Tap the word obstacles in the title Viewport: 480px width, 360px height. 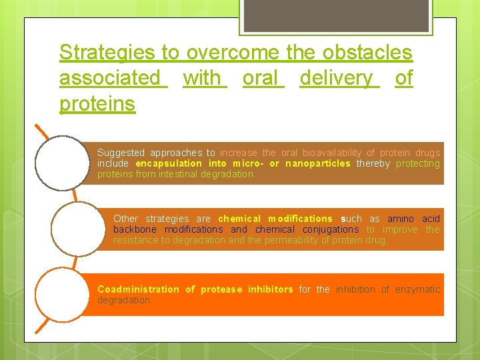tap(367, 52)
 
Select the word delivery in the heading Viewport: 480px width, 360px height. tap(337, 78)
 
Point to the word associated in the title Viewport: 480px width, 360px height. tap(110, 78)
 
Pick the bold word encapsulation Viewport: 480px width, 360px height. tap(168, 163)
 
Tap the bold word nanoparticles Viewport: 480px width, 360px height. tap(317, 163)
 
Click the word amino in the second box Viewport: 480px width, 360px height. tap(400, 219)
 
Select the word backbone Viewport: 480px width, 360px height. tap(136, 229)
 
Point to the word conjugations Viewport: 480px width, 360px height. tap(326, 229)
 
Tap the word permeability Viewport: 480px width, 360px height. tap(297, 240)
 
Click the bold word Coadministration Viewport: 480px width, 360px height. tap(138, 289)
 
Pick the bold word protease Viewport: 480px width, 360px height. tap(222, 289)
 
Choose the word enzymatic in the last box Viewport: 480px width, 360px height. tap(417, 289)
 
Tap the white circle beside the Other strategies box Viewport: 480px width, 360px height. tap(79, 229)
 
